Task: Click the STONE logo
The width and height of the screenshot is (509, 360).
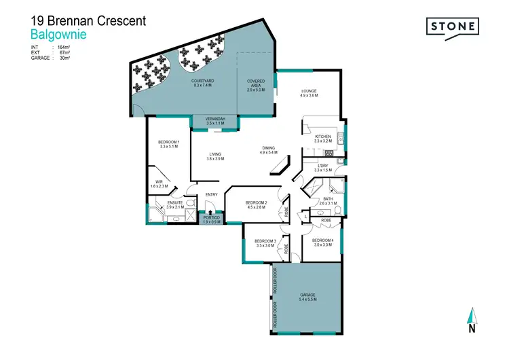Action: [x=453, y=27]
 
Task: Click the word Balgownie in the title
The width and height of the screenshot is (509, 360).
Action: [x=58, y=33]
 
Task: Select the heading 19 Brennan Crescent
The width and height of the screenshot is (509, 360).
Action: [x=88, y=20]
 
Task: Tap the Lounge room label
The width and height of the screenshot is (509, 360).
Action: [x=309, y=93]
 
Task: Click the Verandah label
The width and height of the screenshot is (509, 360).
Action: [x=214, y=120]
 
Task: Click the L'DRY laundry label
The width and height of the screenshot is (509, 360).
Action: [x=323, y=167]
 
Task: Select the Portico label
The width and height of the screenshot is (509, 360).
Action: [x=212, y=218]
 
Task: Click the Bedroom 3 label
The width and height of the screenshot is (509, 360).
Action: [x=265, y=242]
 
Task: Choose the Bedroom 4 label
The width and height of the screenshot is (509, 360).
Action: [x=322, y=242]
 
